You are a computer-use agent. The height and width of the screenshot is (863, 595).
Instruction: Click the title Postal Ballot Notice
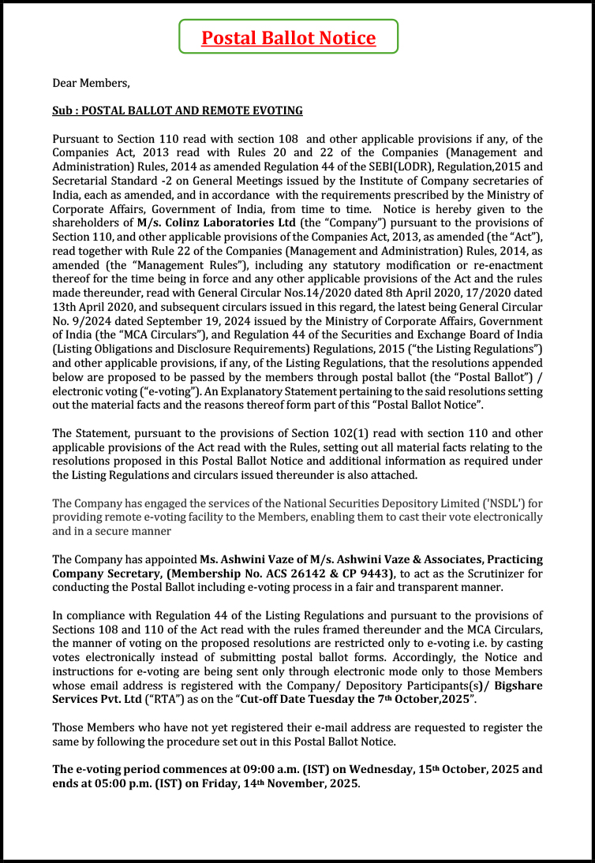[288, 37]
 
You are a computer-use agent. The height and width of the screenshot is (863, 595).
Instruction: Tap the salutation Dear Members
[91, 83]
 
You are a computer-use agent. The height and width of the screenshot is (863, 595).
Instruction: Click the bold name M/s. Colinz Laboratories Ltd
[204, 223]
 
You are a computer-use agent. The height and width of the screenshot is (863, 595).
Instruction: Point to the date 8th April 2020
[406, 293]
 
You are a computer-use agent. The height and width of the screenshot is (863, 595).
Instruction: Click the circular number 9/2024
[84, 320]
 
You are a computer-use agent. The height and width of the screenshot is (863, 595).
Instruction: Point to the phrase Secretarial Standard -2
[114, 181]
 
